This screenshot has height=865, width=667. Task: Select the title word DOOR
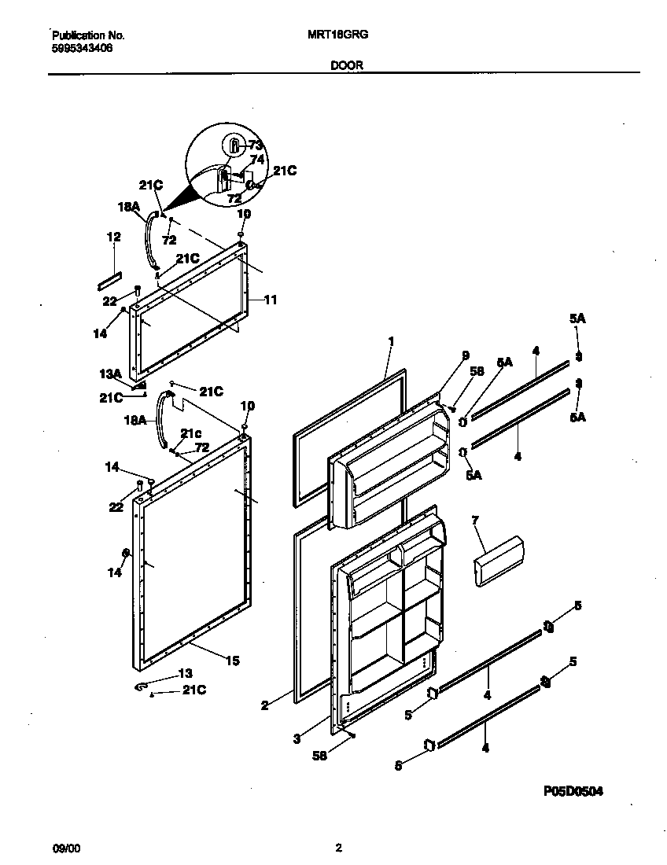click(x=346, y=66)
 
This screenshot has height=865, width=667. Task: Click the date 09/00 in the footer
click(x=65, y=848)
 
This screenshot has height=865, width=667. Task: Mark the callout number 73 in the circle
click(x=255, y=145)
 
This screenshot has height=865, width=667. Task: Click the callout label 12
click(x=114, y=237)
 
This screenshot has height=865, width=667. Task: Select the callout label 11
click(x=270, y=300)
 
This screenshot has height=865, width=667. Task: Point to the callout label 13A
click(x=109, y=374)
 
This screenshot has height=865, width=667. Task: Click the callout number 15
click(x=233, y=661)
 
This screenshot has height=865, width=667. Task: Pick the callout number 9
click(x=465, y=355)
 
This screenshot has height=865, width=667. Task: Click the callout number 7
click(x=475, y=521)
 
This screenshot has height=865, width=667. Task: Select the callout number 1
click(x=390, y=342)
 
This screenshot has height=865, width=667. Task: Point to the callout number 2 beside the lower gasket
click(x=265, y=705)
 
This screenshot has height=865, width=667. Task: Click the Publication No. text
click(x=87, y=35)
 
